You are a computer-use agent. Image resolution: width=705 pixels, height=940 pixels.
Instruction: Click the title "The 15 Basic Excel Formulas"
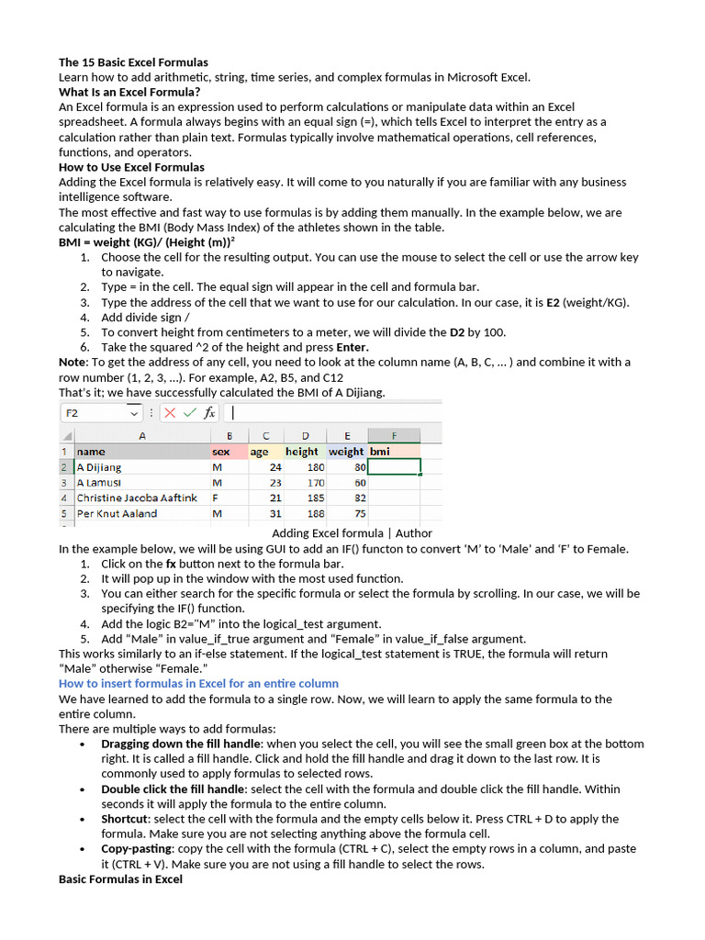point(133,62)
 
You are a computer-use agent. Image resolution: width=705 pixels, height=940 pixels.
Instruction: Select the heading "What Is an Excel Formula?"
point(129,92)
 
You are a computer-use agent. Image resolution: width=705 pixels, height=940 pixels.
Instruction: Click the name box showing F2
point(101,413)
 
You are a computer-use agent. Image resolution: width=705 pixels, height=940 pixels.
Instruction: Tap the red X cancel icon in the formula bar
point(170,413)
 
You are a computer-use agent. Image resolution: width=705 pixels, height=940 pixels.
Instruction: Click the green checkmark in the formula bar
point(190,413)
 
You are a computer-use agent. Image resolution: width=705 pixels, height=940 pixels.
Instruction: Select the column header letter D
point(305,435)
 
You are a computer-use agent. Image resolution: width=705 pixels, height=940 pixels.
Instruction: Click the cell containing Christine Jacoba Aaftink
point(137,498)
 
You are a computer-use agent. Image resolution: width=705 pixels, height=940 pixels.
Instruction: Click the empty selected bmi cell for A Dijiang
point(394,466)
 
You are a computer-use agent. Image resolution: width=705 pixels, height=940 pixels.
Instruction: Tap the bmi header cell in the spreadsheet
point(380,452)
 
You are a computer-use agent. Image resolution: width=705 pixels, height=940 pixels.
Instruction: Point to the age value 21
point(274,498)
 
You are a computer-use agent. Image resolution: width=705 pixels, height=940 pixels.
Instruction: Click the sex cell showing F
point(216,498)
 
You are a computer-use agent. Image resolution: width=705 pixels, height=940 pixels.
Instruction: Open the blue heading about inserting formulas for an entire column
point(198,683)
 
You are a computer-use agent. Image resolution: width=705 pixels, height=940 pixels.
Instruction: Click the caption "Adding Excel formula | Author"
point(352,533)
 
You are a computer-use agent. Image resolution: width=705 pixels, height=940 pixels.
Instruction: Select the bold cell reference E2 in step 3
point(553,302)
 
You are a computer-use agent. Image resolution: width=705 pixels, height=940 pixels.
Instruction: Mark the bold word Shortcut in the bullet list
point(125,819)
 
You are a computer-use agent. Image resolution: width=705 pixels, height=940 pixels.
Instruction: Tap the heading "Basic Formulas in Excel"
point(120,879)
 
